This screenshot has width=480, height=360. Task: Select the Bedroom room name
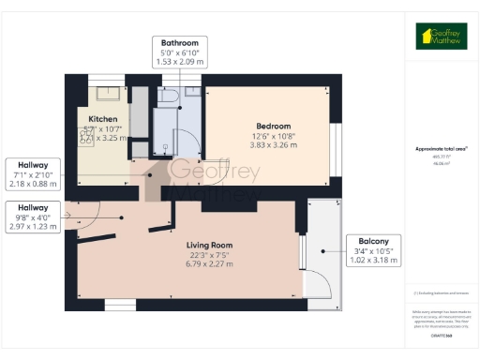pos(273,126)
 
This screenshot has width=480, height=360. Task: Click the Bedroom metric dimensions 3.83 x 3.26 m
pos(273,145)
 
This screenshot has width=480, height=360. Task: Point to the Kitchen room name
pos(103,119)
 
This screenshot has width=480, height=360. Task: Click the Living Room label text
pos(209,245)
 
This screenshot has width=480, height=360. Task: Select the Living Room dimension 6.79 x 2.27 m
pos(209,264)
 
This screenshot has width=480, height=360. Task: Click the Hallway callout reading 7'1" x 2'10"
pos(33,174)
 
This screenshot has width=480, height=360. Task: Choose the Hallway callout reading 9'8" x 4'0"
pos(33,217)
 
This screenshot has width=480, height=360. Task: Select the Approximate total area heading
pos(441,148)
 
